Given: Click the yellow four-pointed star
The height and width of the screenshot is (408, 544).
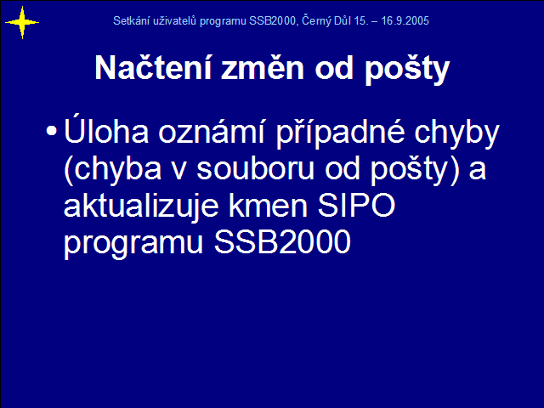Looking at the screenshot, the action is point(22,23).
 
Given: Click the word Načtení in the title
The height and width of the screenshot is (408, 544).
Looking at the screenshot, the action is point(153,67).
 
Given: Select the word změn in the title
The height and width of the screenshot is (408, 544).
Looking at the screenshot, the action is point(263,68).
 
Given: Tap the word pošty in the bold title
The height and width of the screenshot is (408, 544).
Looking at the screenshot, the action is point(407,71).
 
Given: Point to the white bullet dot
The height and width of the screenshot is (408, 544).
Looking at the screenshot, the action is point(51,131).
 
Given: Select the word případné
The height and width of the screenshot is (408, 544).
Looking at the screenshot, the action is point(340,133).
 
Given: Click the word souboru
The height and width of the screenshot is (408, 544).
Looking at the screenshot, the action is point(255,168).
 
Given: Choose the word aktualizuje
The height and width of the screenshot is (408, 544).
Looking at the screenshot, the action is point(141,206).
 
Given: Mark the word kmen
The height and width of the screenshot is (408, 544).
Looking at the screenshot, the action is point(268,205).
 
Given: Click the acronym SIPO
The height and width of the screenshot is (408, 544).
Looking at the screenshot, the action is point(357,205).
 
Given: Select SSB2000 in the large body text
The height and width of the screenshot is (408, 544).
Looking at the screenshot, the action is point(282,241).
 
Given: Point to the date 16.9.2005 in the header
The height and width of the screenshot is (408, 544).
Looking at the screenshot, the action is point(405,20).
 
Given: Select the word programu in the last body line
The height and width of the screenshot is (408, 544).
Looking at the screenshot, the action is point(133,244).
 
